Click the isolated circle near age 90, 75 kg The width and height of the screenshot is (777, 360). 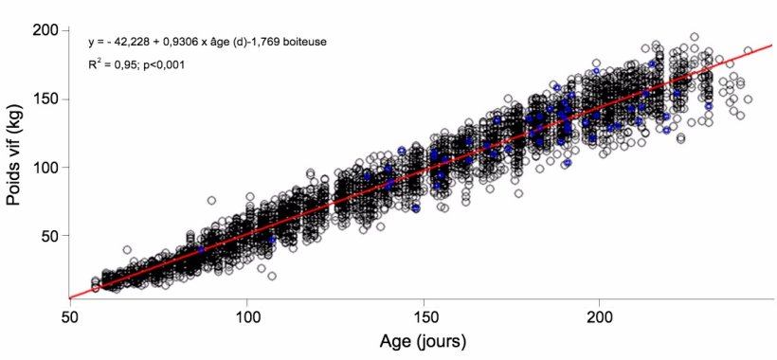pyautogui.click(x=211, y=201)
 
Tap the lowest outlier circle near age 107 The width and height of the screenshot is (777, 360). pyautogui.click(x=272, y=276)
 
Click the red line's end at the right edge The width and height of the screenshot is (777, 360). pyautogui.click(x=772, y=45)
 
